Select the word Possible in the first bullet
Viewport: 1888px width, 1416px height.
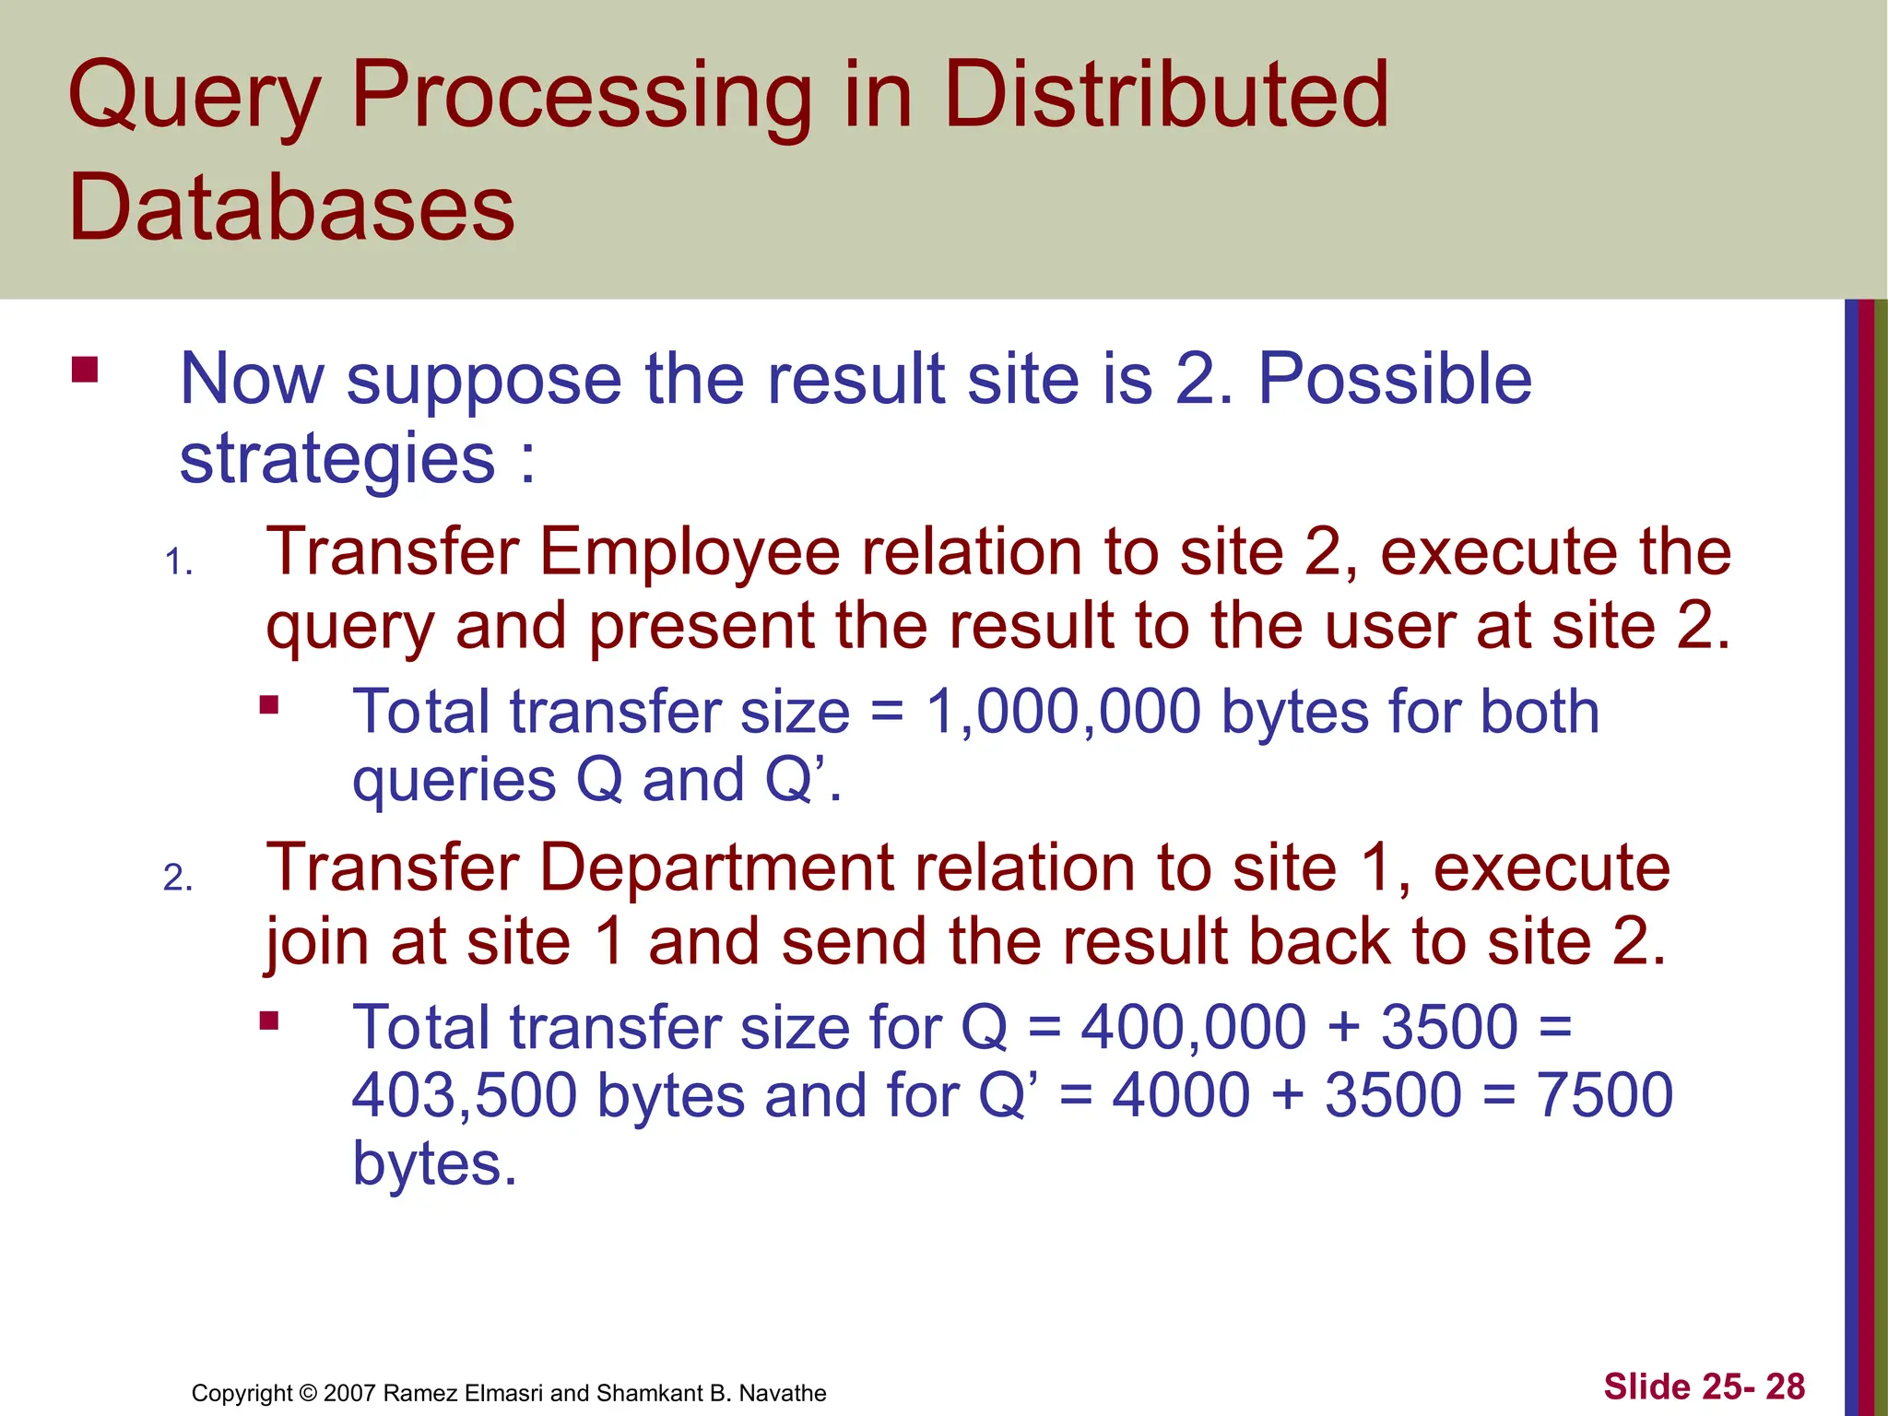coord(1395,379)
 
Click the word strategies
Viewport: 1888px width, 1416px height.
coord(337,460)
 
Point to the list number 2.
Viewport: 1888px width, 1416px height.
coord(178,878)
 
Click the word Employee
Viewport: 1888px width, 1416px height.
coord(690,553)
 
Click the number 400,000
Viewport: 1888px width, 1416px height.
coord(1193,1027)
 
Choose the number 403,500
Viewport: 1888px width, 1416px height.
coord(465,1095)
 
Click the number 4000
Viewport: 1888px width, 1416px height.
coord(1181,1095)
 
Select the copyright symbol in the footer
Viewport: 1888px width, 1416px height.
coord(308,1393)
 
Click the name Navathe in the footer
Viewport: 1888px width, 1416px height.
coord(782,1393)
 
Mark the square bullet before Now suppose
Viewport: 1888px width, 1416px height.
coord(85,370)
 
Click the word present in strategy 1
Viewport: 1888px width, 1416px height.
coord(701,627)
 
